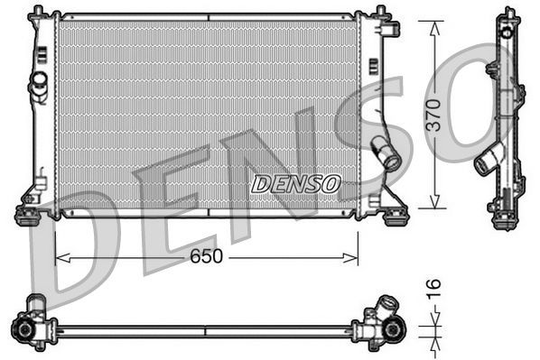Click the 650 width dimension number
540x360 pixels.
point(207,257)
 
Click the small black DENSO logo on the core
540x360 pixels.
point(295,184)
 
